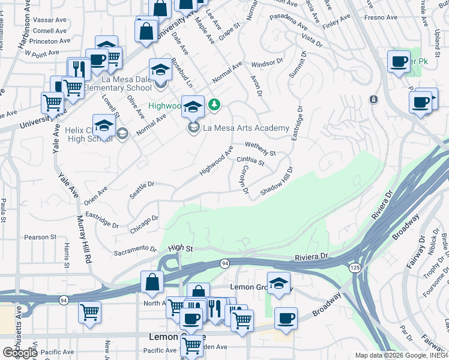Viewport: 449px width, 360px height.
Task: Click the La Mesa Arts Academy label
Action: (x=246, y=128)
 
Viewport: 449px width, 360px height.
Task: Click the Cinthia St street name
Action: (x=250, y=161)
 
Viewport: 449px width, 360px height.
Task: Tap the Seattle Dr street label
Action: (x=142, y=190)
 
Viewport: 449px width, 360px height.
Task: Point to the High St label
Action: (x=180, y=247)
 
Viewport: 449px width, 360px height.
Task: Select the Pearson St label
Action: (x=40, y=238)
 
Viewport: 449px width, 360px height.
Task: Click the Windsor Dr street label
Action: (x=267, y=62)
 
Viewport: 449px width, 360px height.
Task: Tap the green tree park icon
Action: (x=214, y=105)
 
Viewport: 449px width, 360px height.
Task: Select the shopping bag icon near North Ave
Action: (x=152, y=281)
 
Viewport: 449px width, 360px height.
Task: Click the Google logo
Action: (x=20, y=353)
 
